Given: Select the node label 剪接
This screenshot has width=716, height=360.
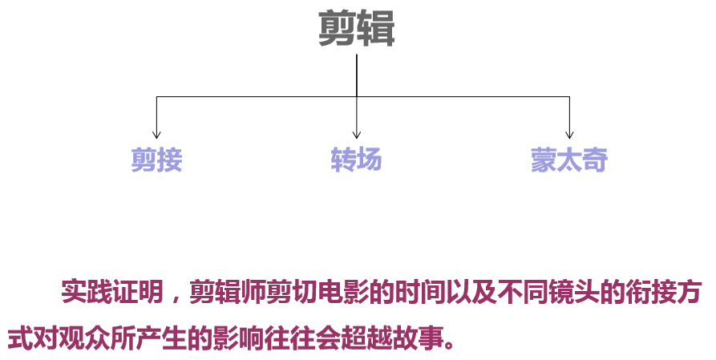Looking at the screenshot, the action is click(157, 160).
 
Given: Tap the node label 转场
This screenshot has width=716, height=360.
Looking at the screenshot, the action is click(356, 160).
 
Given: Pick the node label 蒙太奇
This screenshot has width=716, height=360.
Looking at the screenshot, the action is click(568, 160).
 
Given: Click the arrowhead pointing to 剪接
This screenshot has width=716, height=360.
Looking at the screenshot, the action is click(156, 134).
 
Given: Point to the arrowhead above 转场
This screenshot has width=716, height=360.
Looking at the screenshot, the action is click(356, 135).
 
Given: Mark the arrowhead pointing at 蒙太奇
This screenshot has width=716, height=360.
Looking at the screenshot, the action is click(569, 134).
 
